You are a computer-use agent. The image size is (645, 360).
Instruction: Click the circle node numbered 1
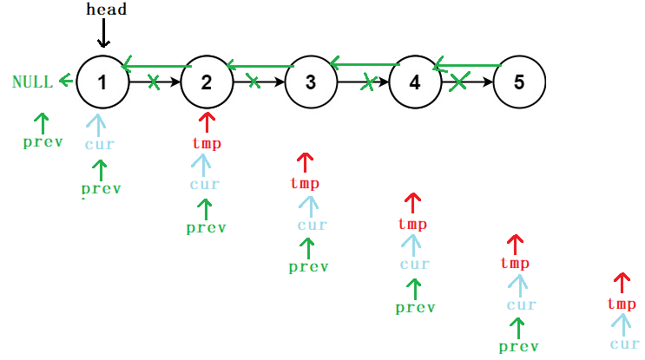(x=102, y=82)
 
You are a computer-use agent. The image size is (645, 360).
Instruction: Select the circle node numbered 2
(x=207, y=82)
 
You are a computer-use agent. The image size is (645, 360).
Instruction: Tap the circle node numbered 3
(x=311, y=82)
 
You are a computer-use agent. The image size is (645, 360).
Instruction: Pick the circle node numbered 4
(x=415, y=82)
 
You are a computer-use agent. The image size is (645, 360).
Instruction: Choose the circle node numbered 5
(x=519, y=82)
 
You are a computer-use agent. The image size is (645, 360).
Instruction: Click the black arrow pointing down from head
(x=103, y=34)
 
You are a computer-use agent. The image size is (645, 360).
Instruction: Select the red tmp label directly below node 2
(x=206, y=143)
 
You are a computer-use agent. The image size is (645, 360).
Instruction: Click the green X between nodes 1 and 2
(x=154, y=82)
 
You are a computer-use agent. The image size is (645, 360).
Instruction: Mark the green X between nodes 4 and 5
(x=460, y=82)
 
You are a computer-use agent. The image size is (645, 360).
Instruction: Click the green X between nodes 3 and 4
(x=369, y=82)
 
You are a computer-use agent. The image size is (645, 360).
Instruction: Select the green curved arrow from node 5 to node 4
(x=467, y=64)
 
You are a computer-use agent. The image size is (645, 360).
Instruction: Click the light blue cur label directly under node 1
(x=99, y=144)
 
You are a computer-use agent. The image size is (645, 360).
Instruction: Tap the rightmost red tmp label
(x=622, y=304)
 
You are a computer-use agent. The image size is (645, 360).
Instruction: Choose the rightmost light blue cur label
(x=624, y=344)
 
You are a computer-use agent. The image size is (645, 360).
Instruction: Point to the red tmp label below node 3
(x=305, y=183)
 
